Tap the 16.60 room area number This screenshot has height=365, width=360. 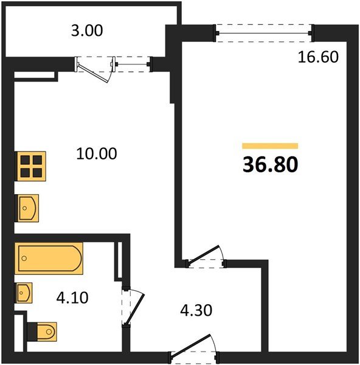pyautogui.click(x=317, y=57)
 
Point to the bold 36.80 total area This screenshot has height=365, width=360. pyautogui.click(x=270, y=165)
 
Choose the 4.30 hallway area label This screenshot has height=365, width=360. pyautogui.click(x=196, y=311)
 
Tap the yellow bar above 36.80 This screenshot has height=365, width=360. pyautogui.click(x=270, y=146)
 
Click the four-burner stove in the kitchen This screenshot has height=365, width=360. pyautogui.click(x=29, y=165)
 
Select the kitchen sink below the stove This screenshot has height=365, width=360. pyautogui.click(x=27, y=208)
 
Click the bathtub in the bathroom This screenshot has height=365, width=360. pyautogui.click(x=49, y=259)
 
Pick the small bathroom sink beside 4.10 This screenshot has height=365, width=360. pyautogui.click(x=24, y=293)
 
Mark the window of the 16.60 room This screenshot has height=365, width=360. pyautogui.click(x=263, y=31)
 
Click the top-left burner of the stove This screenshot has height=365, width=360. pyautogui.click(x=25, y=161)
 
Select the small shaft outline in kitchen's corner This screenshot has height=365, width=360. pyautogui.click(x=35, y=76)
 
